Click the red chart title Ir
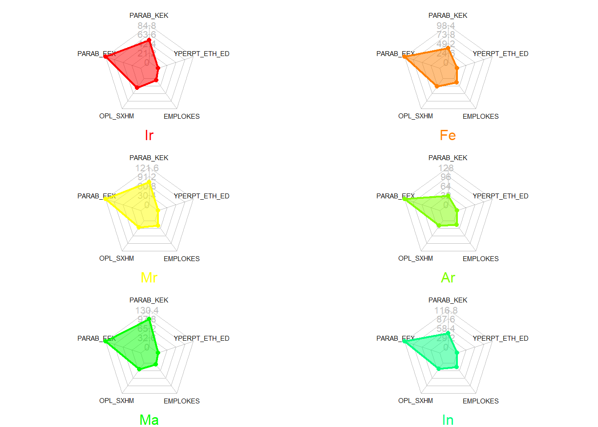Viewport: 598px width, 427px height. pos(149,135)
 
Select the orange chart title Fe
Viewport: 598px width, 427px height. pos(448,135)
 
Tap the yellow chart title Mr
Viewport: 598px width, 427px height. pos(149,278)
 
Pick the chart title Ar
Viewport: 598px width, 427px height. pos(448,278)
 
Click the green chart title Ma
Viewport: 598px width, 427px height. pos(149,420)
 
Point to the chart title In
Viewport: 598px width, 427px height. pos(448,420)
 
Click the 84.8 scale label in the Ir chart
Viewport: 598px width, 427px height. pos(147,26)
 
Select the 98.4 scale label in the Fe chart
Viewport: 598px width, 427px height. pos(446,26)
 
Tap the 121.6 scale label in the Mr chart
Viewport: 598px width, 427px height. pos(147,168)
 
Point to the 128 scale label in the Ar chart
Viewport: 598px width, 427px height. pos(446,168)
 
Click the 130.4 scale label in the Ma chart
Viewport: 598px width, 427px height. pos(147,310)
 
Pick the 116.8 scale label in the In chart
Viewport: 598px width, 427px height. pos(446,310)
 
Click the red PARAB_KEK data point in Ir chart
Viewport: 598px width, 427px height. pos(149,40)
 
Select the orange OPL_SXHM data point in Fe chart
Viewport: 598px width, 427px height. pos(437,86)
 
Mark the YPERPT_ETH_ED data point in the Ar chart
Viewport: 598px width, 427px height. pos(457,210)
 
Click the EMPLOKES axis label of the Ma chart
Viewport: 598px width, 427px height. pos(182,401)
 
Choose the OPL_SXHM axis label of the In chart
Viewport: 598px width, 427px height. pos(416,401)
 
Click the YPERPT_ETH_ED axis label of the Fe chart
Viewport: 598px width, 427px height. pos(501,54)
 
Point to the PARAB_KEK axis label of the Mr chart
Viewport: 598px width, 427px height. pos(149,158)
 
